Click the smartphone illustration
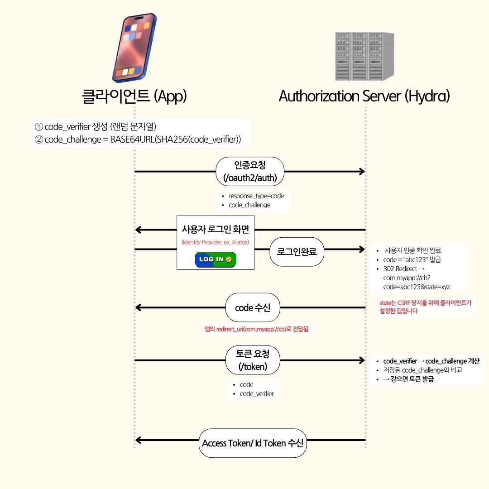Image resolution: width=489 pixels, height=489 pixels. (x=134, y=49)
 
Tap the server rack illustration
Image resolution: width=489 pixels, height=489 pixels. (x=364, y=56)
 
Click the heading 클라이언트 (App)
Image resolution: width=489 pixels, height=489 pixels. (x=134, y=96)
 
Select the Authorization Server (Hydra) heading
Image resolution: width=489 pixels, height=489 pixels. (x=364, y=96)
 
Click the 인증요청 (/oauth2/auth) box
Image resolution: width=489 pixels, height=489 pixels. (x=249, y=171)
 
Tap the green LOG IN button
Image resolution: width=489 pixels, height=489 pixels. (x=216, y=259)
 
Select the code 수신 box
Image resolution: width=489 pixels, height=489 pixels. (x=253, y=308)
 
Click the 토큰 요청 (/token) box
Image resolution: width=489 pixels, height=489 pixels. (x=253, y=360)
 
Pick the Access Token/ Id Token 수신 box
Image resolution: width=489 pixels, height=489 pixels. (x=253, y=443)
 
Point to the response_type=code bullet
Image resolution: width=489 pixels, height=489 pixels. (x=256, y=196)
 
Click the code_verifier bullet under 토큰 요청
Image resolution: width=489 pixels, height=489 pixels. (x=257, y=393)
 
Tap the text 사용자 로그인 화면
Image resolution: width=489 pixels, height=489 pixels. (x=215, y=229)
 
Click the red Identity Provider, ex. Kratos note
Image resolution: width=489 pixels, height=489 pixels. (x=215, y=242)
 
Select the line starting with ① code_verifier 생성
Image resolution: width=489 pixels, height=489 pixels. (x=96, y=126)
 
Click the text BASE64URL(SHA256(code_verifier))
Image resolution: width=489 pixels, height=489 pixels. (x=175, y=139)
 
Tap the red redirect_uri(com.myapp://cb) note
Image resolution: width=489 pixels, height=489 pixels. (x=256, y=330)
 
